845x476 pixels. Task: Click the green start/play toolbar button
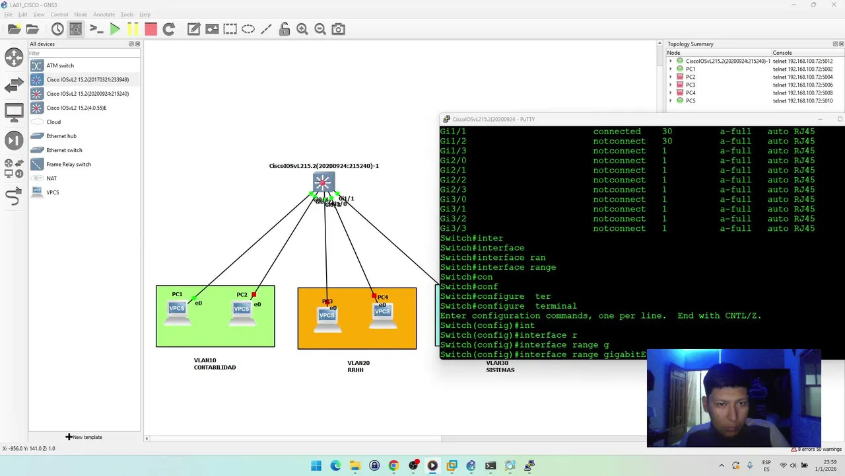tap(115, 29)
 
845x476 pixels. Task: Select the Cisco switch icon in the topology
tap(323, 182)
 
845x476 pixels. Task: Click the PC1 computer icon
tap(176, 311)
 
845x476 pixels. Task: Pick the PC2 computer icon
tap(242, 311)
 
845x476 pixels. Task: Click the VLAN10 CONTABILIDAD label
tap(215, 364)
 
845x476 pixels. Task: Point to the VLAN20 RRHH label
tap(358, 366)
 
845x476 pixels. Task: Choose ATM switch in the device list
tap(60, 65)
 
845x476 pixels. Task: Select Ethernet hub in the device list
tap(61, 136)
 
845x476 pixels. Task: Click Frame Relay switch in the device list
tap(69, 164)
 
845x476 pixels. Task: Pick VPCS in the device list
tap(53, 192)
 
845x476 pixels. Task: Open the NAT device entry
tap(51, 178)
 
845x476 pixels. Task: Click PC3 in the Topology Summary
tap(691, 85)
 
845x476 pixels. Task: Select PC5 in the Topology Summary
tap(691, 100)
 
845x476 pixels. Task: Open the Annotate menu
tap(104, 15)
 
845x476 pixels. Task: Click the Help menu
tap(145, 15)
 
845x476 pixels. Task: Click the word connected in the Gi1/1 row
tap(617, 132)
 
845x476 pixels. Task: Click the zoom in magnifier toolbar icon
tap(302, 29)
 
